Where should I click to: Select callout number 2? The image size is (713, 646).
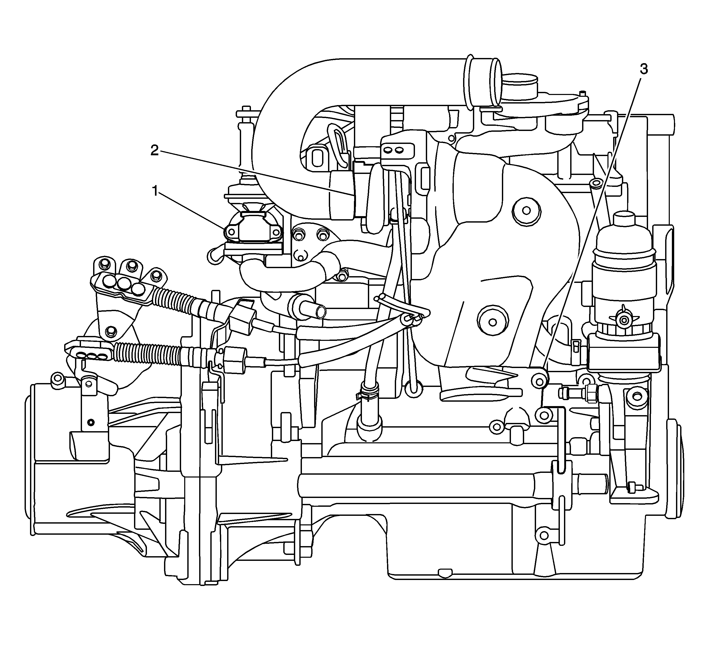(x=154, y=150)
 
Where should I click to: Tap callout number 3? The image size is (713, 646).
(x=644, y=69)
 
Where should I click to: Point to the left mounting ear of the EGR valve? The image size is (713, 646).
(x=231, y=232)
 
